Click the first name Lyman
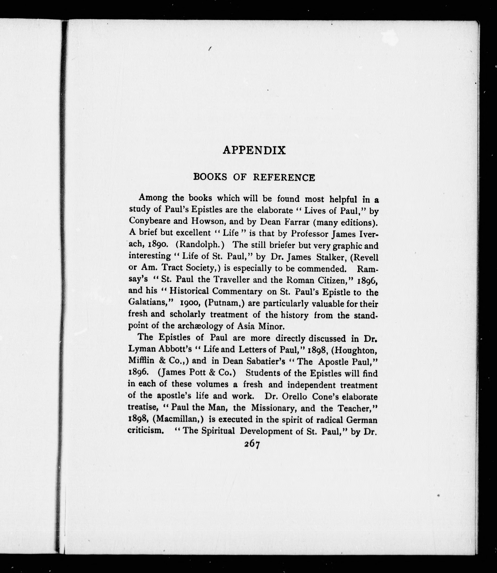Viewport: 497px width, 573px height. (141, 350)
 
